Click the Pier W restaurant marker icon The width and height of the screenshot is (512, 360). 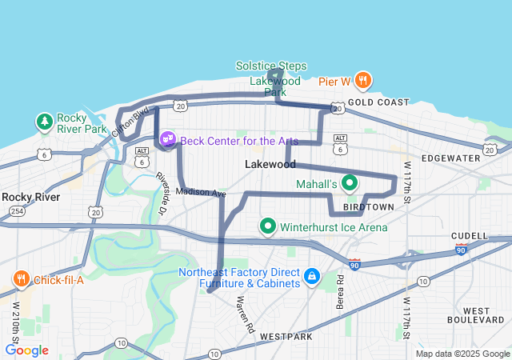362,80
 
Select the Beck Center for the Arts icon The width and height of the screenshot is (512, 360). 168,140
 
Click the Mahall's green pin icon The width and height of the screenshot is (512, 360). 349,183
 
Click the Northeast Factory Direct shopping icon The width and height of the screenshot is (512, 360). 311,277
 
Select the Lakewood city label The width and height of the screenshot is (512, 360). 270,164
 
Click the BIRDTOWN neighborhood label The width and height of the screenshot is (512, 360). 368,206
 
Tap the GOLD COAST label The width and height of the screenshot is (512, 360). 378,102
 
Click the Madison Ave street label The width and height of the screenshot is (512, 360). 201,193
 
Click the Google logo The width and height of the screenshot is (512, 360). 26,350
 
